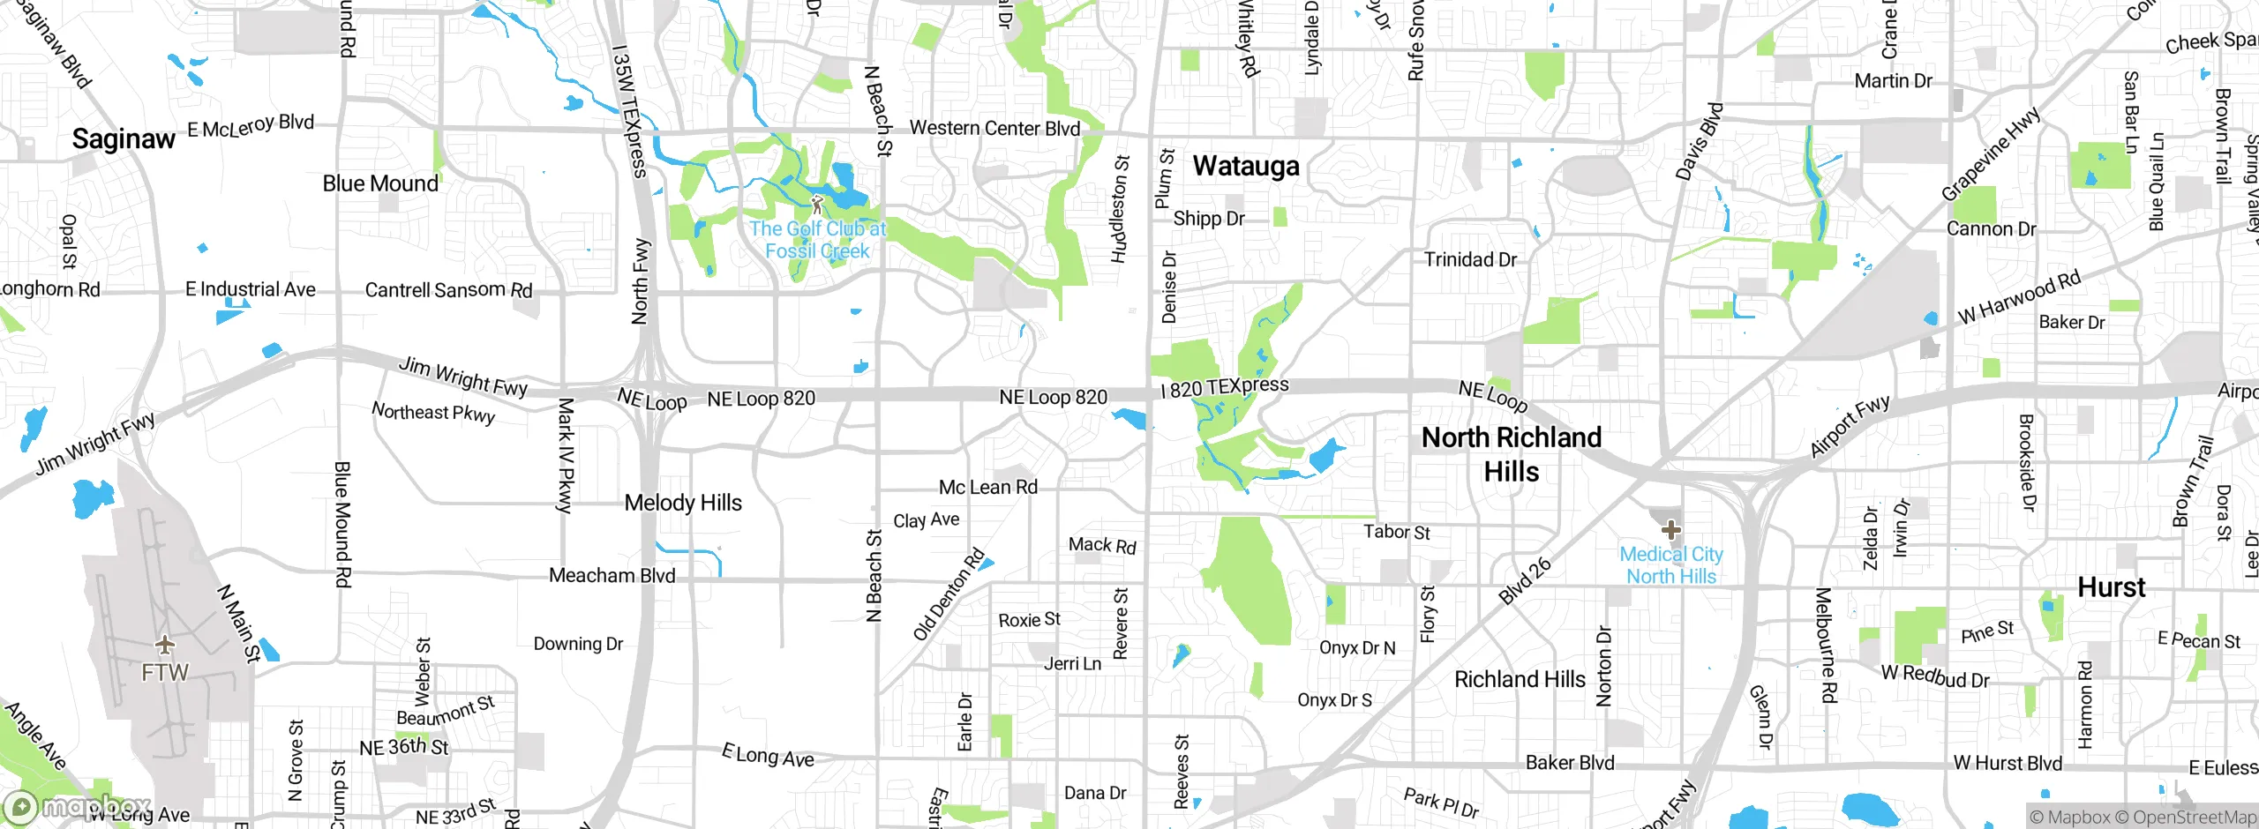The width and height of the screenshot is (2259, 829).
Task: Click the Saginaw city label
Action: (x=124, y=139)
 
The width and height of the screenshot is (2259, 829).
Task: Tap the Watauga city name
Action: (x=1246, y=166)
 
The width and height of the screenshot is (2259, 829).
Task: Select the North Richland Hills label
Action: (x=1511, y=454)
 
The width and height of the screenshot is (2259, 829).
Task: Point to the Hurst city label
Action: (x=2111, y=587)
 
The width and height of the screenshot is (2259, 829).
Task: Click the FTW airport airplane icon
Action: (x=164, y=643)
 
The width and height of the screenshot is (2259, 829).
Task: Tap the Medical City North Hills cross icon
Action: (x=1670, y=530)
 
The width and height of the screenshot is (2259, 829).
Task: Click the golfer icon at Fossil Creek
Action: (x=817, y=205)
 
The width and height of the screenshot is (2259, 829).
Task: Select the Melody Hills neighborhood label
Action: (x=683, y=503)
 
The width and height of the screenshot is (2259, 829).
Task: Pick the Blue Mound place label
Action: (x=380, y=183)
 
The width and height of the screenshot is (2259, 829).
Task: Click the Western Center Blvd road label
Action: (x=994, y=129)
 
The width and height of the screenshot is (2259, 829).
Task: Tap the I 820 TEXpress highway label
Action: (x=1225, y=387)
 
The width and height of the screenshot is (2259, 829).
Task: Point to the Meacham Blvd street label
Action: (x=612, y=576)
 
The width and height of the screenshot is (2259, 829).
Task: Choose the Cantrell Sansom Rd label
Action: (x=448, y=290)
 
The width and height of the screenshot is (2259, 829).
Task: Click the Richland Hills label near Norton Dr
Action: (x=1520, y=679)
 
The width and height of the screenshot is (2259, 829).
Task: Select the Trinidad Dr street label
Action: (x=1470, y=259)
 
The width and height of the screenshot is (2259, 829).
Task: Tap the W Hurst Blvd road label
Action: (x=2008, y=763)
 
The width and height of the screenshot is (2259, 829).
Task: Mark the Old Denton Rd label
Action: (x=949, y=594)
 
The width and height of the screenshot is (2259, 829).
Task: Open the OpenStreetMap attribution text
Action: (x=2194, y=818)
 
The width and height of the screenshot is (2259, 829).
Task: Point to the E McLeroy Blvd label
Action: (x=251, y=126)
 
